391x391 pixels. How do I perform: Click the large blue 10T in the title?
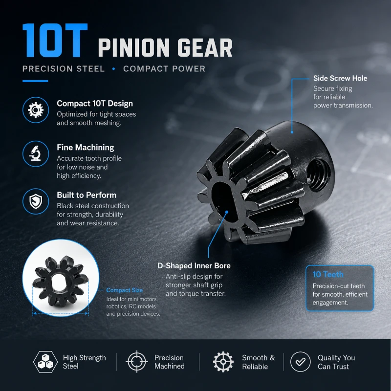pyautogui.click(x=55, y=41)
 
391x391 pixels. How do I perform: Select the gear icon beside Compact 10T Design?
pyautogui.click(x=36, y=110)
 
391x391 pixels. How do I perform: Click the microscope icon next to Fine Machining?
pyautogui.click(x=36, y=153)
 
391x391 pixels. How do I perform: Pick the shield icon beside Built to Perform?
pyautogui.click(x=36, y=201)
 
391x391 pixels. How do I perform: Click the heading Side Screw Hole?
pyautogui.click(x=340, y=78)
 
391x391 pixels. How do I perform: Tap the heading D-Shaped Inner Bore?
pyautogui.click(x=194, y=266)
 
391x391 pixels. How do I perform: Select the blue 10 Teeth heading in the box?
pyautogui.click(x=328, y=274)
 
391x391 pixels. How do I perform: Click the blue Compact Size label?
pyautogui.click(x=125, y=290)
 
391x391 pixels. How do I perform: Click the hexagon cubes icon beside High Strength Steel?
pyautogui.click(x=45, y=362)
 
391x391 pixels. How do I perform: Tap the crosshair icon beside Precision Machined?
pyautogui.click(x=137, y=362)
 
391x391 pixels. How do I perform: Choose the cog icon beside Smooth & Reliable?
pyautogui.click(x=223, y=362)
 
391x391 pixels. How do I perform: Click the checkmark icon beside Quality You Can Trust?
pyautogui.click(x=301, y=362)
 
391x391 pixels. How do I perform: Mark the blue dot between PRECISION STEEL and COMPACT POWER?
pyautogui.click(x=114, y=69)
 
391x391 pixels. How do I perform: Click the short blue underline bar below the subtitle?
pyautogui.click(x=35, y=81)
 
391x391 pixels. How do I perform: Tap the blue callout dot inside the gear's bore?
pyautogui.click(x=227, y=212)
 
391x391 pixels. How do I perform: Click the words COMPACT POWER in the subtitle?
pyautogui.click(x=164, y=69)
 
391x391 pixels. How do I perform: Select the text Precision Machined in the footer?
pyautogui.click(x=169, y=362)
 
